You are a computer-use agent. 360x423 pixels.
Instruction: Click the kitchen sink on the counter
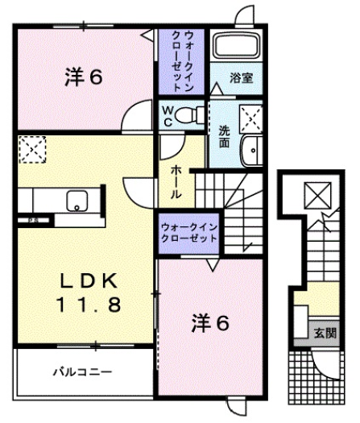tap(78, 200)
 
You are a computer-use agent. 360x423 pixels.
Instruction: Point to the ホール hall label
tap(176, 180)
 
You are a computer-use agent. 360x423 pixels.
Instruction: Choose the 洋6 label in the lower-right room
tap(212, 324)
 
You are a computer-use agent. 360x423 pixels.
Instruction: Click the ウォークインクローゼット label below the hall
tap(189, 234)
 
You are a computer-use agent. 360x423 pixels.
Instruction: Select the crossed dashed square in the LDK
tap(34, 151)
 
